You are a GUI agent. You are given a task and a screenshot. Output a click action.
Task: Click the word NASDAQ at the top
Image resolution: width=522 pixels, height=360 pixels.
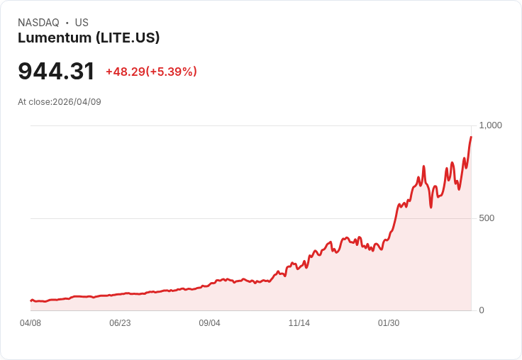coord(38,23)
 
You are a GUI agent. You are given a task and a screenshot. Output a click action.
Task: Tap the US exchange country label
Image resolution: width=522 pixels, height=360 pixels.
coord(82,23)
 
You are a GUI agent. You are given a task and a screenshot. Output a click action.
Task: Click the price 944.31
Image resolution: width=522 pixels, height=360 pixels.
coord(56,72)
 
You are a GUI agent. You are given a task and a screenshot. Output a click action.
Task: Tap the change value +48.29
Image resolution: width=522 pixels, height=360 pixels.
coord(125,72)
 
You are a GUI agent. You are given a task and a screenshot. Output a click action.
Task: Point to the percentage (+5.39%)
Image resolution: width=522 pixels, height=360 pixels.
coord(172,72)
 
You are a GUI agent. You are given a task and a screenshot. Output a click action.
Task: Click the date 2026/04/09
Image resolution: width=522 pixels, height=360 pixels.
coord(78,102)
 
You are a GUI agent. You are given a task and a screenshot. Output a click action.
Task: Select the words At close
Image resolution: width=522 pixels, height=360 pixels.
coord(33,102)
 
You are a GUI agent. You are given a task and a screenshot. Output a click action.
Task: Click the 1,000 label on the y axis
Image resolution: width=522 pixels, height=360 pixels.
coord(490,125)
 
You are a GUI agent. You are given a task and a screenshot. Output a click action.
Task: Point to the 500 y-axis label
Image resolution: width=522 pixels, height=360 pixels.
coord(487,218)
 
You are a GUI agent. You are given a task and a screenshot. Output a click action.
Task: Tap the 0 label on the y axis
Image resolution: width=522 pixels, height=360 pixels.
coord(482,310)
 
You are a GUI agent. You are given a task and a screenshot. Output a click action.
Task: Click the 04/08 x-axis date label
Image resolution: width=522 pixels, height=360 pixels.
coord(30,323)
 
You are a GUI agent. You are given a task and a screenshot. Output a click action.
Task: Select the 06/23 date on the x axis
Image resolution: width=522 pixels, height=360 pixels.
coord(120,323)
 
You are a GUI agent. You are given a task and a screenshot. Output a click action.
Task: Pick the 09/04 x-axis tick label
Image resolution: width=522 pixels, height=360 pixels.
coord(209,323)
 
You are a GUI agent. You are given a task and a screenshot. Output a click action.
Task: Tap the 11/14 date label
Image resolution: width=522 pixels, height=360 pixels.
coord(299,323)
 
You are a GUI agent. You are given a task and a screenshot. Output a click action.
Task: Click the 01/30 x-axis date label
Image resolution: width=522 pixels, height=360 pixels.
coord(389,323)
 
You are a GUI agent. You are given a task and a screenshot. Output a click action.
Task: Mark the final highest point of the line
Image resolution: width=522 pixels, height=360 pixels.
coord(471,137)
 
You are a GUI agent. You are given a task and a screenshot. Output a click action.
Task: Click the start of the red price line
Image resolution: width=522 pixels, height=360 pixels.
coord(31,300)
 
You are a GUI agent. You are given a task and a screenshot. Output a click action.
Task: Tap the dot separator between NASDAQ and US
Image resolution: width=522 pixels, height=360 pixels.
coord(67,23)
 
